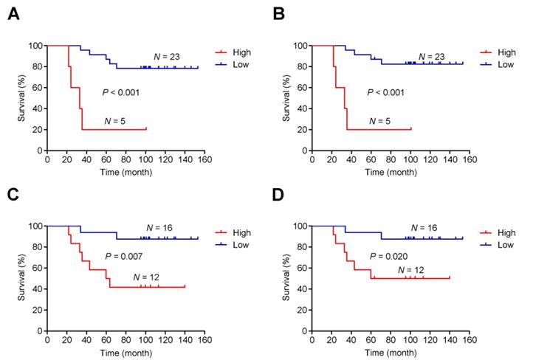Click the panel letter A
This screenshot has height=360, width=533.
coord(13,13)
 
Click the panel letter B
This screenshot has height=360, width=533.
coord(279,13)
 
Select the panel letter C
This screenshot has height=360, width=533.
coord(13,194)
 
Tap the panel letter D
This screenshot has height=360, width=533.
coord(279,194)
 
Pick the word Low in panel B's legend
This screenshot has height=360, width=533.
coord(505,65)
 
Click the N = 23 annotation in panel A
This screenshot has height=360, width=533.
coord(167,57)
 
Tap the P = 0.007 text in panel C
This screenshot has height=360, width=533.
coord(123,256)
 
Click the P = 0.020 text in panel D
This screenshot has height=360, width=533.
coord(388,256)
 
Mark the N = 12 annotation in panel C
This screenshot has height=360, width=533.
coord(148,277)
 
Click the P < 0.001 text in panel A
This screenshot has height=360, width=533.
coord(120,92)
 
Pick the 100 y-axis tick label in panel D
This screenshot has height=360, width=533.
coord(302,226)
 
